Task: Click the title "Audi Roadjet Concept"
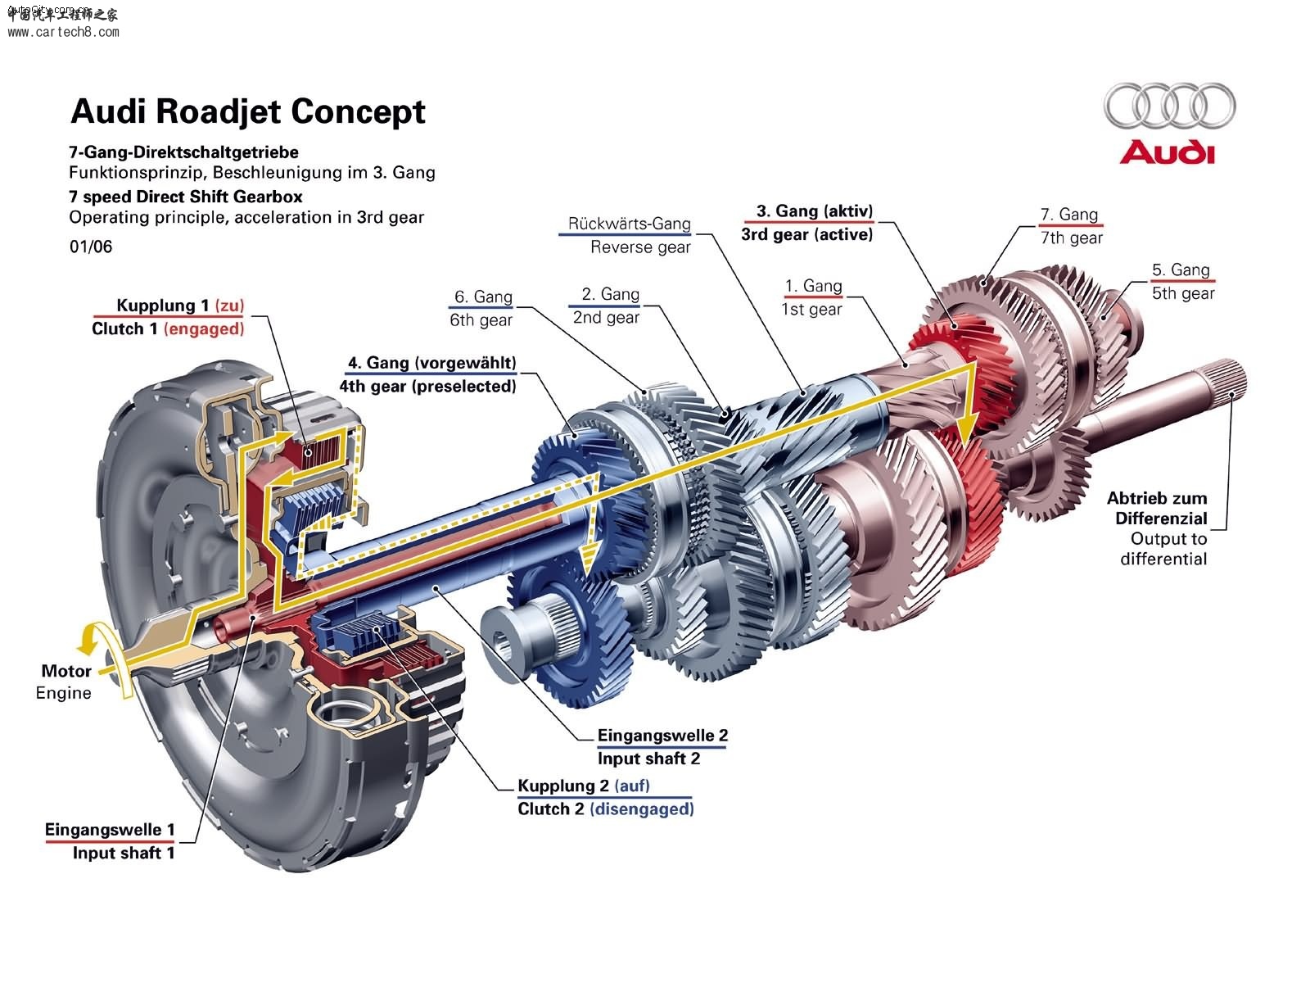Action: (x=248, y=111)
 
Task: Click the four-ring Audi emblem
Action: (x=1169, y=106)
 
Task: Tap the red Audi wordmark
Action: (x=1167, y=153)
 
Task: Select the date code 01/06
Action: (x=91, y=247)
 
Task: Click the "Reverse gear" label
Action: (x=639, y=247)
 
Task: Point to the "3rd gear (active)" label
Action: (x=806, y=234)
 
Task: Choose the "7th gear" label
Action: (x=1071, y=238)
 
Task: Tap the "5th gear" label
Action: (x=1182, y=293)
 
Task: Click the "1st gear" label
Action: (x=811, y=309)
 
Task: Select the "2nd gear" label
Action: (x=606, y=317)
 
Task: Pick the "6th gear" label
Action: (x=481, y=319)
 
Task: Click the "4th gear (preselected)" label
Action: (x=427, y=386)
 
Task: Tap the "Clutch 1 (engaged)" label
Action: (x=168, y=328)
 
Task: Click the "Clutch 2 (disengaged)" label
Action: (x=605, y=809)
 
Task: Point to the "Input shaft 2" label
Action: (x=648, y=759)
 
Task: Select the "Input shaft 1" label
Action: (x=123, y=853)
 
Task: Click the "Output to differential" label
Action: (x=1163, y=549)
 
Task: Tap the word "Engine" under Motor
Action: (x=63, y=693)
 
